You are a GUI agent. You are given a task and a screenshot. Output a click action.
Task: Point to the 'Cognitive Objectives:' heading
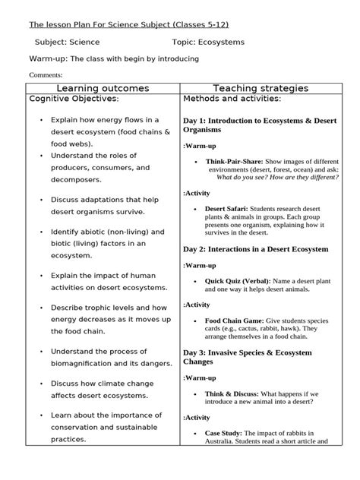[74, 99]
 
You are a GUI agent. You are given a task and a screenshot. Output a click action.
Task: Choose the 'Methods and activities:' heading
[232, 99]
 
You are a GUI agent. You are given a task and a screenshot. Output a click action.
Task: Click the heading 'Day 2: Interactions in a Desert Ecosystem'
[255, 248]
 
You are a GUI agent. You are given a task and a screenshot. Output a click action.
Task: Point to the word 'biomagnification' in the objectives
[83, 368]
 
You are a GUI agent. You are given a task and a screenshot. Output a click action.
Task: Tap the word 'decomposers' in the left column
[74, 180]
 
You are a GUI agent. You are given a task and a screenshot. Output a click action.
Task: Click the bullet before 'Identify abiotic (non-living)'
[39, 232]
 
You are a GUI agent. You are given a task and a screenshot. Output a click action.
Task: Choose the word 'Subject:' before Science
[53, 42]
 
